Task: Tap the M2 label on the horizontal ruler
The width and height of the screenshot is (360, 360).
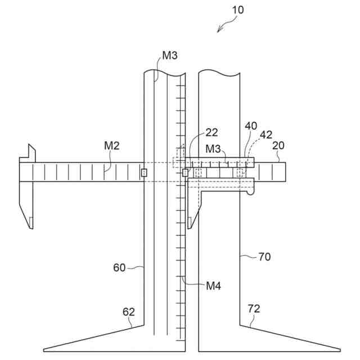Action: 112,146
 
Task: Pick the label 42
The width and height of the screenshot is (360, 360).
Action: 265,134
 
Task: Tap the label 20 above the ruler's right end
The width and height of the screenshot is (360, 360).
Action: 278,145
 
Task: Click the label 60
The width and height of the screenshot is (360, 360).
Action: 119,268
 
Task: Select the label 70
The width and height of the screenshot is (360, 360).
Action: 264,257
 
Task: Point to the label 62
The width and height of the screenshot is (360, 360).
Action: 129,311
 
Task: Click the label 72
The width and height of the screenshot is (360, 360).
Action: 254,309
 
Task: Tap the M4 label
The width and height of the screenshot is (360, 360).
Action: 213,286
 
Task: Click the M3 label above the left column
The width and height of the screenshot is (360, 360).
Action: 170,55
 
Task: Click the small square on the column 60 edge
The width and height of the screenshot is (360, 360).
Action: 144,173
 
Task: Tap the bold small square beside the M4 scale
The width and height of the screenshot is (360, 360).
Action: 185,172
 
